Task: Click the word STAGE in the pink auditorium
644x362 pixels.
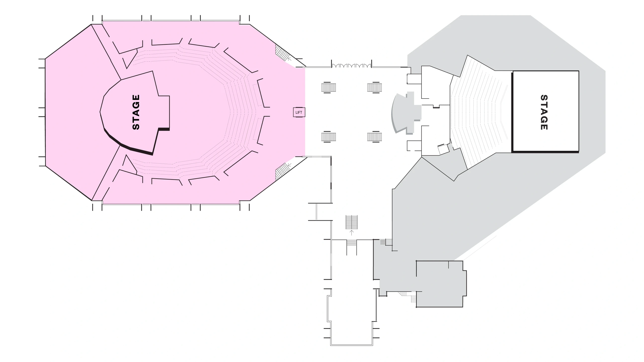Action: (136, 112)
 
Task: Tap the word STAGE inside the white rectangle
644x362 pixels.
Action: (544, 112)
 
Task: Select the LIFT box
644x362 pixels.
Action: (299, 112)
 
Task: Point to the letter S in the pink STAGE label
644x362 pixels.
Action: (136, 126)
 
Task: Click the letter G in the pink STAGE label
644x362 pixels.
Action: (136, 105)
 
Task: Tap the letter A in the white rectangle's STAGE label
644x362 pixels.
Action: (544, 112)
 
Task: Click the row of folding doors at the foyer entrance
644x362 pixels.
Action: (351, 66)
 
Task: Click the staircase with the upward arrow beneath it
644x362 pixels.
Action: (351, 222)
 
